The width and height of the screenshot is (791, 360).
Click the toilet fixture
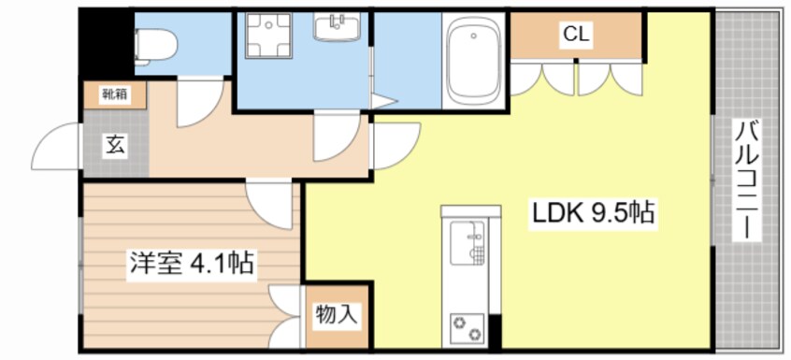pos(155,47)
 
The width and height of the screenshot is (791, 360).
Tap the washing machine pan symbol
pos(269,36)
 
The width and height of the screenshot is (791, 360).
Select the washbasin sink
pos(337,27)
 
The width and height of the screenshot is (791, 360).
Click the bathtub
pos(474,60)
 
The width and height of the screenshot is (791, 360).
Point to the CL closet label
pos(576,35)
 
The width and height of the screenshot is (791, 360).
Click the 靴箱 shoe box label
pos(115,94)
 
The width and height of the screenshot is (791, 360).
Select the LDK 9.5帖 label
pos(593,213)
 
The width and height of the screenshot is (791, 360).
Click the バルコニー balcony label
pos(748,180)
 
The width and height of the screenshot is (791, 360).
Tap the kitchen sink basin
pos(467,242)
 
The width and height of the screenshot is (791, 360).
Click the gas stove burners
pos(467,327)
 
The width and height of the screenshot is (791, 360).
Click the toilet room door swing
pos(200,103)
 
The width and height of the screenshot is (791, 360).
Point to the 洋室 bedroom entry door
pos(270,205)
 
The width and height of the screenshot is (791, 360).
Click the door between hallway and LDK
pos(395,146)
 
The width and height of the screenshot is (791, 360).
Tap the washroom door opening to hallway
pos(337,137)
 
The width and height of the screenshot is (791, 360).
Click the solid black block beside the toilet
pos(107,44)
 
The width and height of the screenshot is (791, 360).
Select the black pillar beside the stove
pos(495,331)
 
